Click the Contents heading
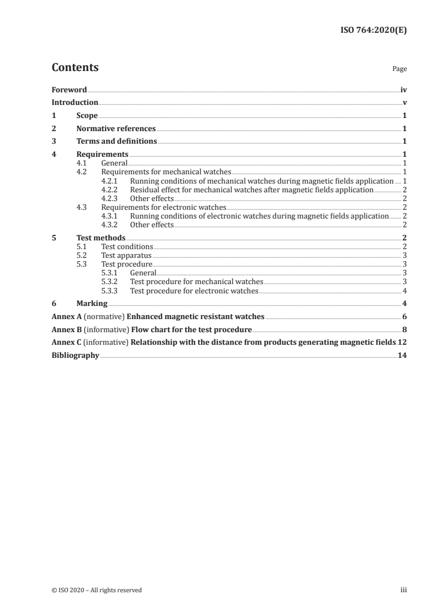(75, 68)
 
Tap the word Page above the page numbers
(400, 69)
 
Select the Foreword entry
(69, 90)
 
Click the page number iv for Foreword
(403, 90)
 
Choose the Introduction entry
(75, 102)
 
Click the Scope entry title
(87, 115)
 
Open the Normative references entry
(116, 128)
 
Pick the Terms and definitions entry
(117, 142)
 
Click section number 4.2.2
(110, 190)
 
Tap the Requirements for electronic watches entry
(164, 207)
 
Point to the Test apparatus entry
(126, 255)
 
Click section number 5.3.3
(110, 291)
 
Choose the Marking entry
(92, 304)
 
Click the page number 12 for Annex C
(402, 343)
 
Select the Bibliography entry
(75, 355)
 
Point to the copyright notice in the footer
(96, 590)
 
